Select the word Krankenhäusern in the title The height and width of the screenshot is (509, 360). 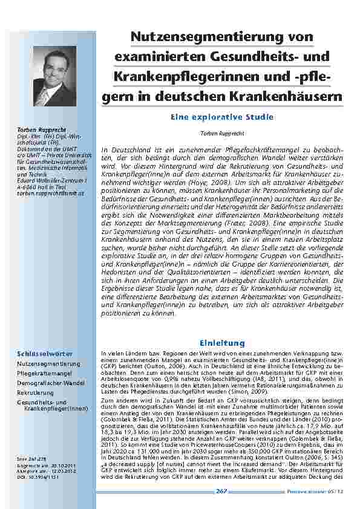pos(287,96)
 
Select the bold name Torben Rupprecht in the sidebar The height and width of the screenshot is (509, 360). pos(39,131)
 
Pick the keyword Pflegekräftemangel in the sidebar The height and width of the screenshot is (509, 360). pos(44,374)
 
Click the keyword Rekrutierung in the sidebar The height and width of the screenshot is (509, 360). pos(35,392)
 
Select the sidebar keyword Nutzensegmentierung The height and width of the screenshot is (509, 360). pos(48,364)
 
